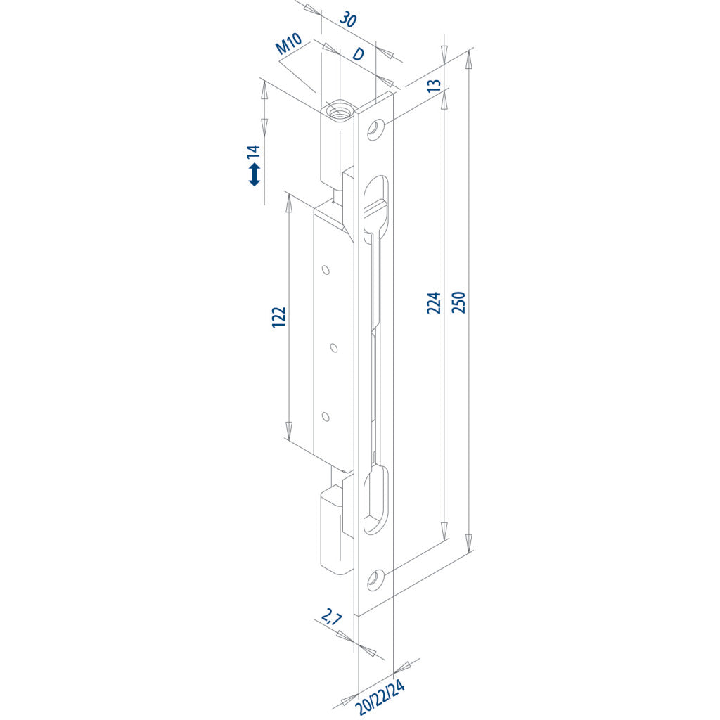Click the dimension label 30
(347, 20)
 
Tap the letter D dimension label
(358, 54)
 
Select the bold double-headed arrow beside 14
(254, 174)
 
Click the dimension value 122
(279, 317)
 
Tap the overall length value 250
(458, 302)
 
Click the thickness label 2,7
(331, 619)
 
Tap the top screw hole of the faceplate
(376, 129)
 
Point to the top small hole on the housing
(326, 269)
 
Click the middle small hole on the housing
(334, 347)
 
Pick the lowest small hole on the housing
(325, 417)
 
